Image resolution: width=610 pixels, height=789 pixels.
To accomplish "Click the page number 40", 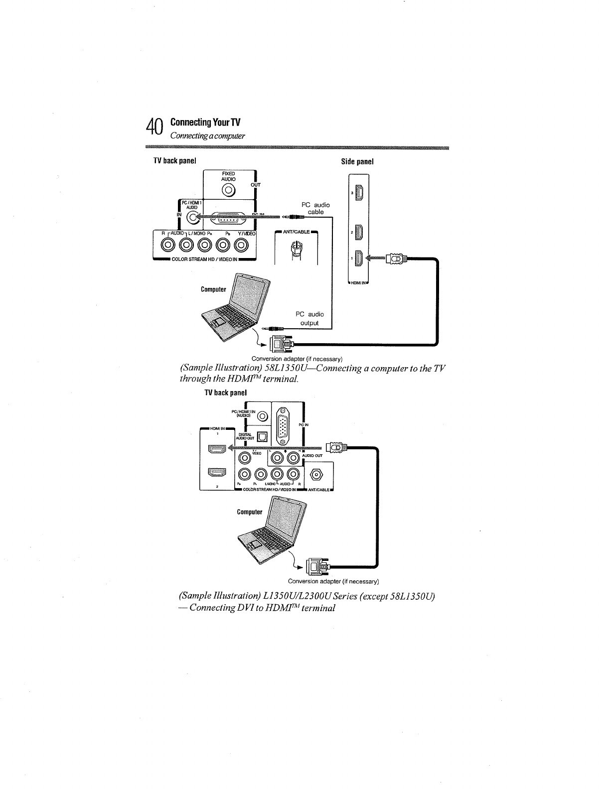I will (x=155, y=128).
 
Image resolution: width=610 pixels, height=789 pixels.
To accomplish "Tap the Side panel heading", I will (x=357, y=161).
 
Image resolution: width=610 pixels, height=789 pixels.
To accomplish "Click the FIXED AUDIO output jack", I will (x=229, y=190).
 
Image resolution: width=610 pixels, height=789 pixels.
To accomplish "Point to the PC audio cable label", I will (x=315, y=208).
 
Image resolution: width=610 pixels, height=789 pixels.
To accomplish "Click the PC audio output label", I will (x=309, y=318).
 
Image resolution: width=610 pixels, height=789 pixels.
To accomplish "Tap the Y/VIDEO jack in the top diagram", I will (x=242, y=245).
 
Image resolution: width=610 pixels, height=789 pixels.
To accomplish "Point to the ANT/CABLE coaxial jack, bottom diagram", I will (x=315, y=474).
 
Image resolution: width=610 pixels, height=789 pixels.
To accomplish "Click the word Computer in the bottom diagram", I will (x=249, y=512).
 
